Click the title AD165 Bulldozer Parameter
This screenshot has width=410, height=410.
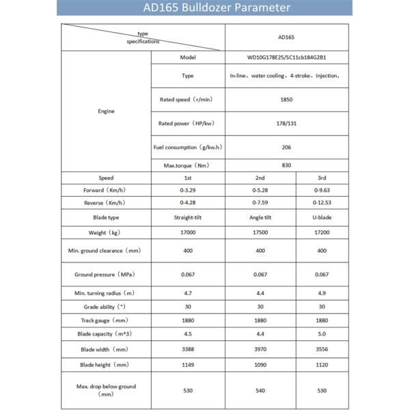pos(205,8)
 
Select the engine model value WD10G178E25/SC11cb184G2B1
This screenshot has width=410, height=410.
pos(286,57)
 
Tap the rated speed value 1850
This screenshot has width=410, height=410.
pos(286,100)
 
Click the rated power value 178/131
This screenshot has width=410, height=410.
pos(286,123)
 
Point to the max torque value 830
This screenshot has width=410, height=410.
pos(286,165)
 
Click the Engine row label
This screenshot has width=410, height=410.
pos(106,111)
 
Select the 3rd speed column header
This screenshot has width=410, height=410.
pos(322,178)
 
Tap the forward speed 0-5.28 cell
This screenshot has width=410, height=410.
pos(260,190)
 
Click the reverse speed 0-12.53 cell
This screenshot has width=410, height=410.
pos(322,202)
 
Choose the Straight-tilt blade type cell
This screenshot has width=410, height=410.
pos(188,217)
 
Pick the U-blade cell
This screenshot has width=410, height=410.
pos(322,217)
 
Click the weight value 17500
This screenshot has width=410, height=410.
pos(260,234)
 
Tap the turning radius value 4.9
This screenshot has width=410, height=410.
pos(322,292)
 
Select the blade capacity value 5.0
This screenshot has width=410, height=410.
pos(322,334)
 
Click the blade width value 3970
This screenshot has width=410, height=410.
pos(260,349)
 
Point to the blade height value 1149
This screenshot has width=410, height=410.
pos(188,364)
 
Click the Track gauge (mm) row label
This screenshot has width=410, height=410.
pos(106,320)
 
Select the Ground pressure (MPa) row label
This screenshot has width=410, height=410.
pos(106,274)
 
